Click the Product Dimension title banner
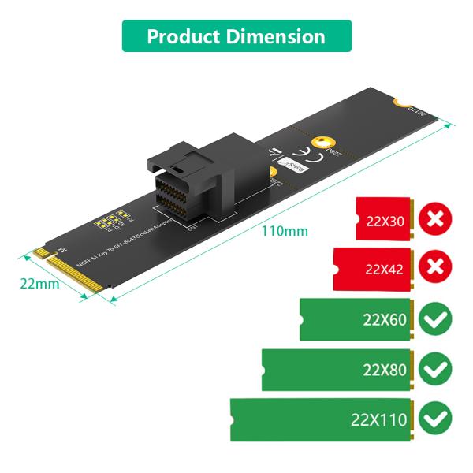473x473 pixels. tap(236, 36)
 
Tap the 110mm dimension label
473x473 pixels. tap(285, 232)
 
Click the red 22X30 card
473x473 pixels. tap(384, 218)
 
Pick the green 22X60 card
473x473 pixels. tap(355, 319)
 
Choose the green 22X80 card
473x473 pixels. tap(337, 369)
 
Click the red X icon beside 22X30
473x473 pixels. tap(434, 218)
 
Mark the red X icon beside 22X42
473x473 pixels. tap(434, 269)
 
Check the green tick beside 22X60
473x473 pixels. tap(434, 319)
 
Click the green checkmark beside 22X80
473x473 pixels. tap(434, 369)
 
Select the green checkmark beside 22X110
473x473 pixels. tap(434, 419)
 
